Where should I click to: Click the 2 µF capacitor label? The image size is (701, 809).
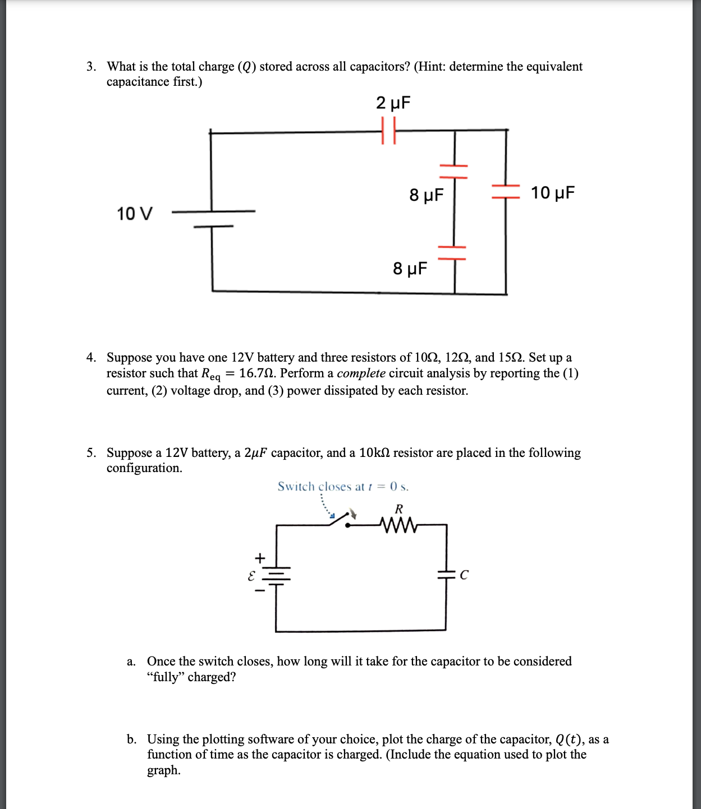(x=393, y=103)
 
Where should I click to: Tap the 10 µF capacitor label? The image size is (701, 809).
(x=553, y=193)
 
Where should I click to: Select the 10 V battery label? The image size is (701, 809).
(x=134, y=214)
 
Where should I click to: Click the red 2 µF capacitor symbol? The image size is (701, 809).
(x=388, y=131)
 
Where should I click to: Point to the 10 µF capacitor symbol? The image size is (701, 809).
(x=506, y=191)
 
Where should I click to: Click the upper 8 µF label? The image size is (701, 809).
(x=426, y=195)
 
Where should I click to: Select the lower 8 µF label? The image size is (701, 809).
(x=410, y=269)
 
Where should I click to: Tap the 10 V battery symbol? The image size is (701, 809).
(x=213, y=219)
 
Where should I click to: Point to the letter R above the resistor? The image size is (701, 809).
(x=398, y=509)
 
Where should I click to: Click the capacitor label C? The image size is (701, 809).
(x=464, y=575)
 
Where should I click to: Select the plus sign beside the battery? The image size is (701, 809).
(x=259, y=558)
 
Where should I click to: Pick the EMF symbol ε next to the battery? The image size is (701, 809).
(x=251, y=575)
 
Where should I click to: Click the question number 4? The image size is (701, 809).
(x=91, y=358)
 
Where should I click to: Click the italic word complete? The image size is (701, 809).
(x=361, y=373)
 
